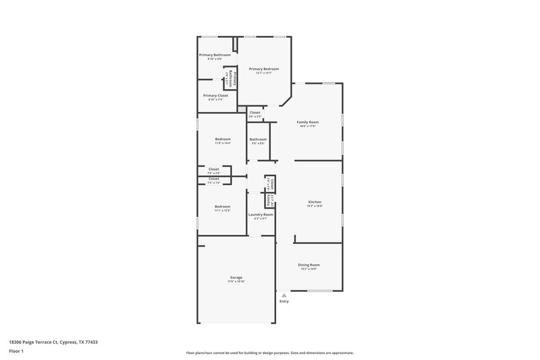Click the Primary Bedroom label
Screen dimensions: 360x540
click(263, 69)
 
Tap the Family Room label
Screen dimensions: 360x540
click(307, 122)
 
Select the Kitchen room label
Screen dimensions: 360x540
click(315, 202)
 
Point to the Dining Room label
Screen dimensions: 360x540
click(309, 265)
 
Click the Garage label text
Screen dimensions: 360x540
click(236, 277)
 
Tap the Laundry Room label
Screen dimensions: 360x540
click(261, 214)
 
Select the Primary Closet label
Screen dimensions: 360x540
click(215, 95)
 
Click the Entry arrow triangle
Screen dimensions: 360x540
click(284, 295)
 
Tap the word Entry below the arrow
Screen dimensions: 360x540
click(284, 301)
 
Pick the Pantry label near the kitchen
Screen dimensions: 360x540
click(269, 200)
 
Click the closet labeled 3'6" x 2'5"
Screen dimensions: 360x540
click(254, 112)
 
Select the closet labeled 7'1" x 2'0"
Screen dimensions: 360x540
click(213, 169)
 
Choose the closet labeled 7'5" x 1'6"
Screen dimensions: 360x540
click(213, 178)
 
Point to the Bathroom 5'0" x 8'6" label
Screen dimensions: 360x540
click(258, 139)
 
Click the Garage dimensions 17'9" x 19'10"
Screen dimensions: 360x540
click(236, 282)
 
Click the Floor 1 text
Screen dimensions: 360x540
click(17, 352)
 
